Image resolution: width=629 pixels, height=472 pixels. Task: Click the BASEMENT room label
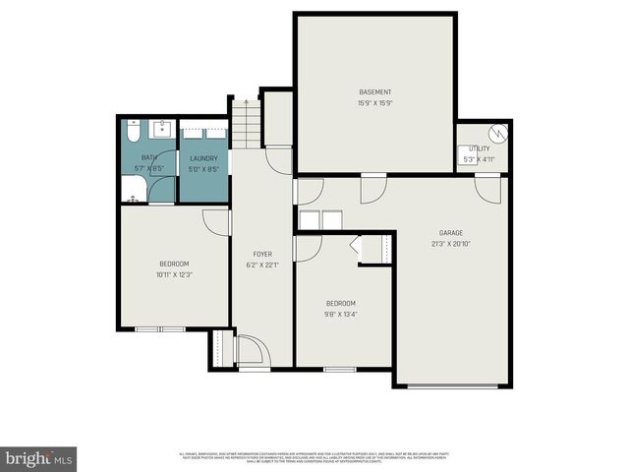coord(375,92)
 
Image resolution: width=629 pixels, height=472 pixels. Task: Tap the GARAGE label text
coord(451,233)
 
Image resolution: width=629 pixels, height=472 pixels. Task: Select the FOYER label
coord(261,254)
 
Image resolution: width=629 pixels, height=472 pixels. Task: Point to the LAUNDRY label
coord(203,158)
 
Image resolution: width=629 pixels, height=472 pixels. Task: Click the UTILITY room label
coord(479,148)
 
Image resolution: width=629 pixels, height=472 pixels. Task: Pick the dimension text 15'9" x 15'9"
coord(375,103)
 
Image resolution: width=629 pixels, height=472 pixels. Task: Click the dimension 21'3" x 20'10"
coord(451,244)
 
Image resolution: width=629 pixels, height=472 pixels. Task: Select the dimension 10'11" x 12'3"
coord(173,274)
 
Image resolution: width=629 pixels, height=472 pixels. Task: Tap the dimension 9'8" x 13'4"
coord(340,315)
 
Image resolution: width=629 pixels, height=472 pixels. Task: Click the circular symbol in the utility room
coord(497,132)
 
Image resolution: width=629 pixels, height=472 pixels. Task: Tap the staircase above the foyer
coord(246,122)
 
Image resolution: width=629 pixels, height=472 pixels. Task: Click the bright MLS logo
coord(39,458)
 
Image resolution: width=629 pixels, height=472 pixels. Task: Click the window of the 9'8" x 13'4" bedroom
coord(339,370)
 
